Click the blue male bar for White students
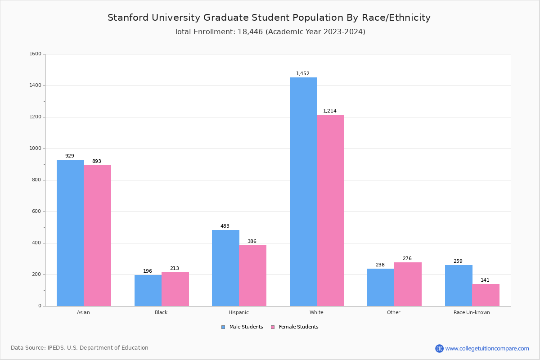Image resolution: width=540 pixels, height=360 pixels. pyautogui.click(x=303, y=192)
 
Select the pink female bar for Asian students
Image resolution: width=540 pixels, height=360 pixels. pyautogui.click(x=97, y=235)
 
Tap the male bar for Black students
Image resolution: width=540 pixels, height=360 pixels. pyautogui.click(x=148, y=290)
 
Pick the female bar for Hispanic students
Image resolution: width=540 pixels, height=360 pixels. pyautogui.click(x=252, y=275)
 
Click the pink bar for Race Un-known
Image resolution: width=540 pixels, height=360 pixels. pyautogui.click(x=486, y=295)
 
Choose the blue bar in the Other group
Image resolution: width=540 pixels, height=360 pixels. pyautogui.click(x=381, y=287)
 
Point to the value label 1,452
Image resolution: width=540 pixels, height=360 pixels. pyautogui.click(x=302, y=73)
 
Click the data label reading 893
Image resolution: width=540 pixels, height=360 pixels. pyautogui.click(x=97, y=161)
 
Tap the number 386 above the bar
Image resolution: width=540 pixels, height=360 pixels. pyautogui.click(x=252, y=241)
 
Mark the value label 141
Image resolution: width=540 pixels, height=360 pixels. pyautogui.click(x=485, y=280)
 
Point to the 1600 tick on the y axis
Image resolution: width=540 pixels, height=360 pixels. pyautogui.click(x=35, y=54)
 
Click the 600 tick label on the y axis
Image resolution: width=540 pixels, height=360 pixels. pyautogui.click(x=37, y=211)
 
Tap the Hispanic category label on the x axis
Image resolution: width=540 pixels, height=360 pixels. pyautogui.click(x=238, y=312)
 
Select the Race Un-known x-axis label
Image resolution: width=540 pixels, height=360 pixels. pyautogui.click(x=472, y=312)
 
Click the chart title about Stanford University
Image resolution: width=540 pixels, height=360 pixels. pyautogui.click(x=269, y=18)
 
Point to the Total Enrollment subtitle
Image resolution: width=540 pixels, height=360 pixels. pyautogui.click(x=270, y=32)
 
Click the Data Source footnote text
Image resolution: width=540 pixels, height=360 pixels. pyautogui.click(x=80, y=348)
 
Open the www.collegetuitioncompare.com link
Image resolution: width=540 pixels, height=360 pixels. pyautogui.click(x=487, y=348)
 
